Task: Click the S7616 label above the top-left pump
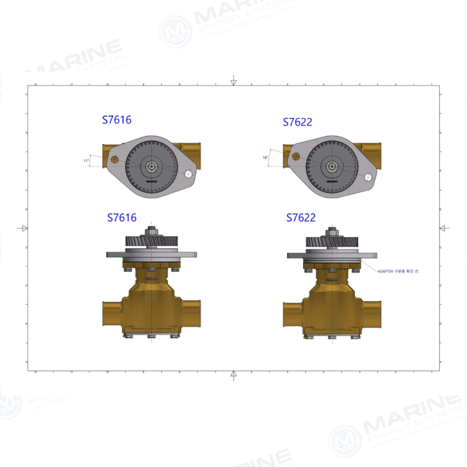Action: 117,120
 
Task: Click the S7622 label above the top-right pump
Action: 298,122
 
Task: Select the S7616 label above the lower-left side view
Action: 122,217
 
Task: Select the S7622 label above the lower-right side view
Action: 301,217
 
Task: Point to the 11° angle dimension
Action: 86,161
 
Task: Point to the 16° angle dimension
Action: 266,158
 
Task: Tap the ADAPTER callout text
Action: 398,272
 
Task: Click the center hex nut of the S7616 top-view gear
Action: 152,166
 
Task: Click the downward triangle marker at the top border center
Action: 233,82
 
